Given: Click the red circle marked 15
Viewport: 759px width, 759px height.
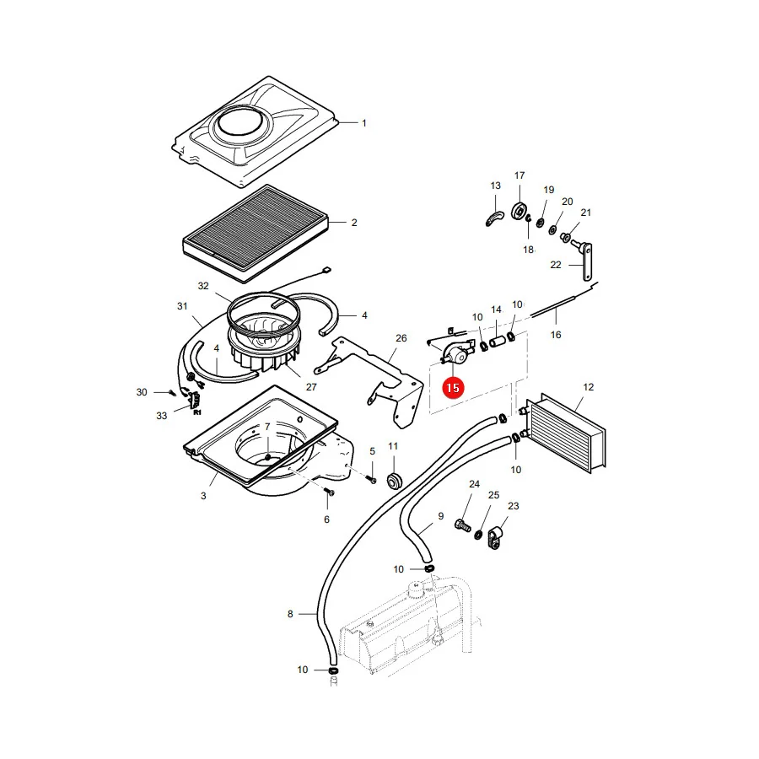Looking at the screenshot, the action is pos(453,388).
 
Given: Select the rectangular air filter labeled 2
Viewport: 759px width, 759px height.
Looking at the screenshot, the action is pos(256,234).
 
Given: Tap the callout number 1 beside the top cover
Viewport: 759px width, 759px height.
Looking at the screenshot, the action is pos(364,123).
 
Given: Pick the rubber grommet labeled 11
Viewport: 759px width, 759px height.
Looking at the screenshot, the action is pos(395,480).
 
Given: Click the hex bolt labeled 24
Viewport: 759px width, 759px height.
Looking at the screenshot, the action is pos(462,525).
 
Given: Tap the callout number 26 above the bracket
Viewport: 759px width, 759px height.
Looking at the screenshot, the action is pos(401,338).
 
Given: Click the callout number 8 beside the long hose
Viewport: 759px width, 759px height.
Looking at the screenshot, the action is pos(290,614).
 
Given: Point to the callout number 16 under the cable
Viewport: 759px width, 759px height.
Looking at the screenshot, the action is pos(556,335).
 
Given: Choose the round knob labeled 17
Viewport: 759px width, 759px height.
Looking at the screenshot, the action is pos(519,211).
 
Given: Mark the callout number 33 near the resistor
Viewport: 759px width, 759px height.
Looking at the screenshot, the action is pos(162,415).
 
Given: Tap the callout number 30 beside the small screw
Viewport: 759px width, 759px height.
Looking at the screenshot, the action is pos(142,392).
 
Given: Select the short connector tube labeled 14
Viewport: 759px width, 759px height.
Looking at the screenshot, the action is pos(497,342).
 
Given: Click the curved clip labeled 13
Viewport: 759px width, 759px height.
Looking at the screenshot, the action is pos(494,218).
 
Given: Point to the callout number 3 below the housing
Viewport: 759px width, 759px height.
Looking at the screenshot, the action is pos(203,496).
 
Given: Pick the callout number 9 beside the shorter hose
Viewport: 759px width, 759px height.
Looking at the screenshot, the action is pos(440,516).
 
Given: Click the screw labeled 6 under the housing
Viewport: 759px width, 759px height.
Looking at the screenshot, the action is pos(330,492).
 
